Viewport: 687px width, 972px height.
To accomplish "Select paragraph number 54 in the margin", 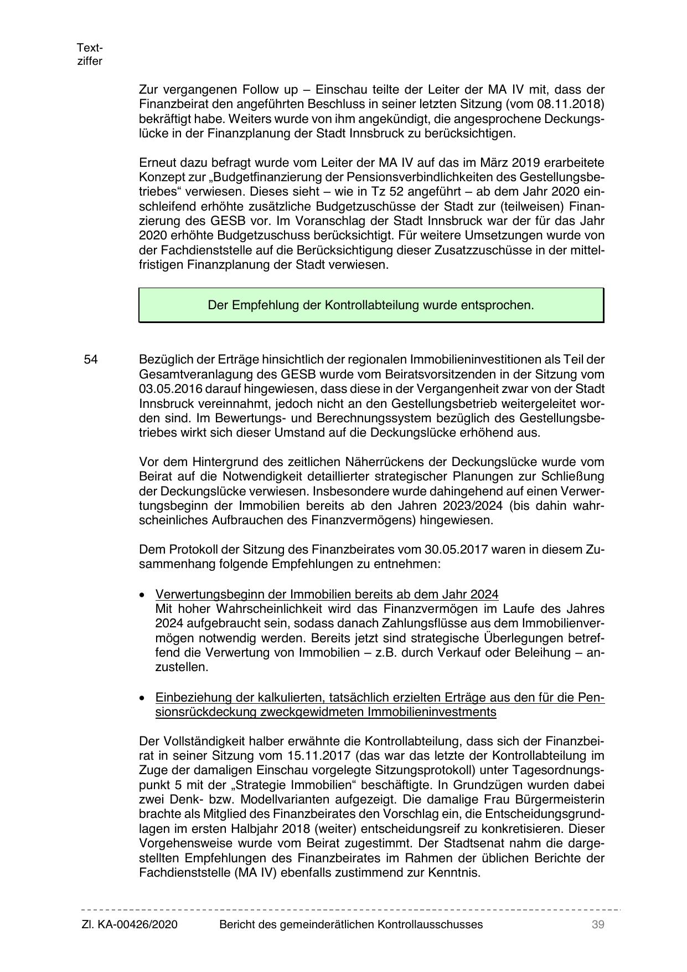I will tap(91, 360).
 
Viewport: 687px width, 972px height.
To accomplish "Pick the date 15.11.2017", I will tap(318, 756).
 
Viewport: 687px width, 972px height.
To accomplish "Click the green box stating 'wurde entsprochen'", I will tap(371, 305).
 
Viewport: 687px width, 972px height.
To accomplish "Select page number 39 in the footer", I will tap(597, 924).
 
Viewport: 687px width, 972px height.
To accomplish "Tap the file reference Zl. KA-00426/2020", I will tap(130, 924).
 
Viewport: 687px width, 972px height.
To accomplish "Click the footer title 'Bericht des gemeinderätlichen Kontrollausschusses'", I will tap(351, 924).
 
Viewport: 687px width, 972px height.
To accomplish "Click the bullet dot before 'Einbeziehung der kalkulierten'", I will tap(143, 698).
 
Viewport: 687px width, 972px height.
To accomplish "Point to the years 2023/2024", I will tap(474, 506).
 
